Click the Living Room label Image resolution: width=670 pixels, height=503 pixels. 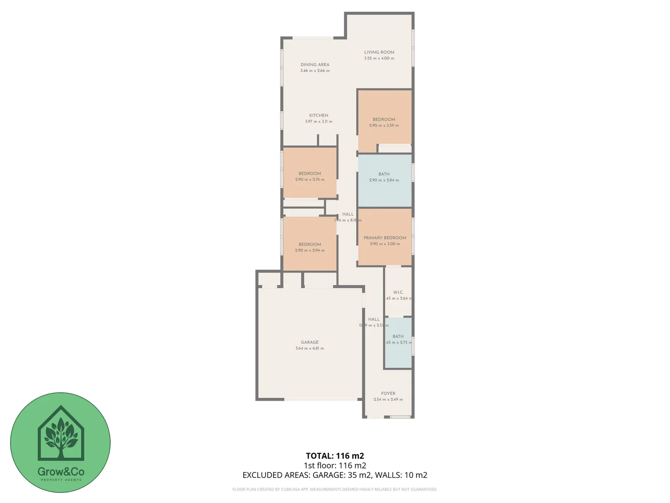pyautogui.click(x=379, y=52)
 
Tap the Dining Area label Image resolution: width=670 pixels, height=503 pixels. pyautogui.click(x=315, y=65)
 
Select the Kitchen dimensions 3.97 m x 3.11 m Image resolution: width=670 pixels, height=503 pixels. pyautogui.click(x=319, y=122)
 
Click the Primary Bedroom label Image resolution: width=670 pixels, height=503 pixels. pyautogui.click(x=385, y=238)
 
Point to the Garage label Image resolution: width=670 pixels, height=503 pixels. pyautogui.click(x=309, y=342)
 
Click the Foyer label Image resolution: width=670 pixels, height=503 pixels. pyautogui.click(x=388, y=394)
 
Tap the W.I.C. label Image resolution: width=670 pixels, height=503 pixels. pyautogui.click(x=398, y=292)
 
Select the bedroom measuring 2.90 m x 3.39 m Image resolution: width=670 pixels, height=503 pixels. pyautogui.click(x=384, y=122)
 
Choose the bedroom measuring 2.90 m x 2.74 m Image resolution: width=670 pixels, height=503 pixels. pyautogui.click(x=310, y=176)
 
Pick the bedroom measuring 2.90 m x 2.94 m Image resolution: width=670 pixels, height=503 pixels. pyautogui.click(x=310, y=247)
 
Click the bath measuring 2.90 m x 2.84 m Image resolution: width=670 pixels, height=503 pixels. pyautogui.click(x=384, y=177)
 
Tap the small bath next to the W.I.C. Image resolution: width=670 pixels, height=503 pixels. pyautogui.click(x=398, y=339)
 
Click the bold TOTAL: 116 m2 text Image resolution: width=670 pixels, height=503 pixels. pyautogui.click(x=335, y=456)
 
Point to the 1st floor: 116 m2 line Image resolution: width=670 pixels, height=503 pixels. pyautogui.click(x=335, y=465)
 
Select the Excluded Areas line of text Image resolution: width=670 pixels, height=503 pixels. pyautogui.click(x=335, y=475)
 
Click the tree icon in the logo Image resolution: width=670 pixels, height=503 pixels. pyautogui.click(x=60, y=435)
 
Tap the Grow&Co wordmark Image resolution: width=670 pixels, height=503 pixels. pyautogui.click(x=60, y=471)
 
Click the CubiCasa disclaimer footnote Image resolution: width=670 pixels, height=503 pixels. pyautogui.click(x=335, y=489)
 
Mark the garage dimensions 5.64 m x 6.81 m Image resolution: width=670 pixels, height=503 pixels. pyautogui.click(x=309, y=348)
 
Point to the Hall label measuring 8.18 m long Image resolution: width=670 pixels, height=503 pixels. pyautogui.click(x=348, y=214)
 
